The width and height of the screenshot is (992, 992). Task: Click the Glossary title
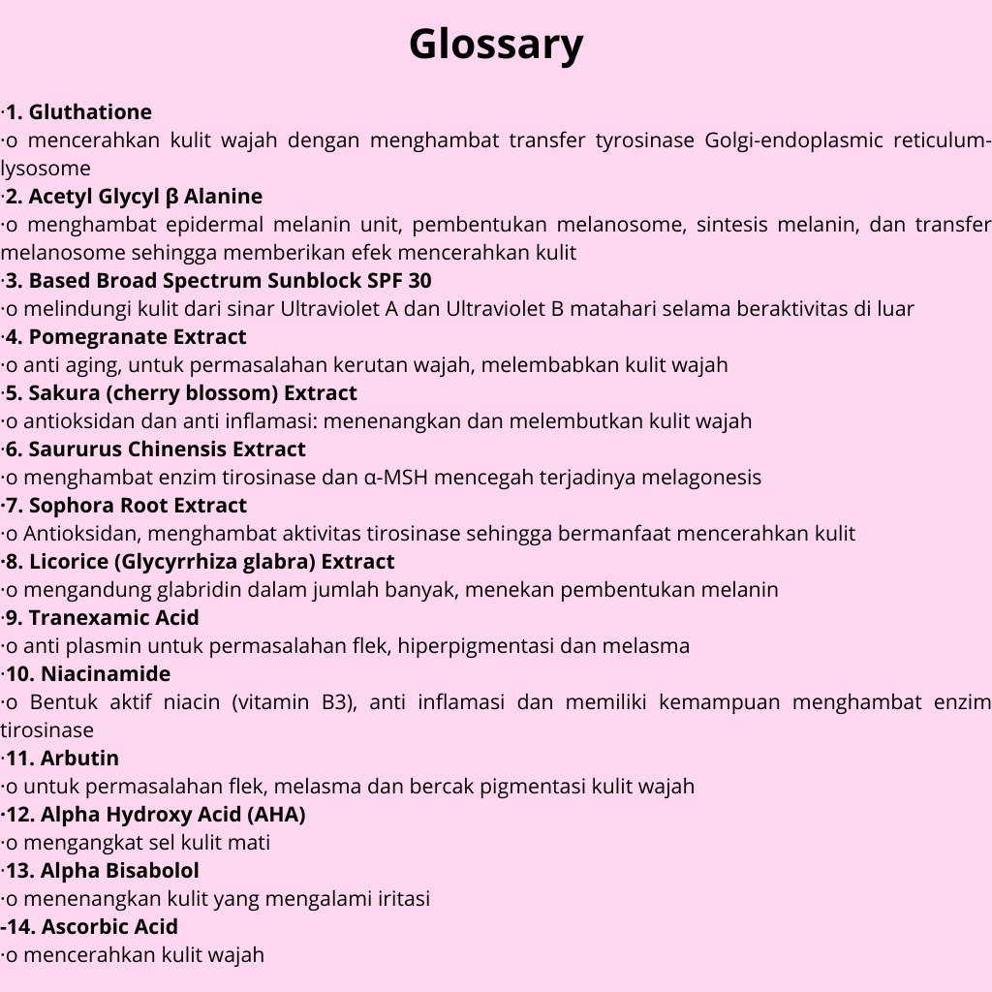(x=496, y=45)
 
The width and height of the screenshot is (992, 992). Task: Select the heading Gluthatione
(x=90, y=112)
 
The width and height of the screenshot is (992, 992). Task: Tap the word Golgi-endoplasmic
(x=782, y=140)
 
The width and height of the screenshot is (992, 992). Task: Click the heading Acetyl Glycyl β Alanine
(x=145, y=197)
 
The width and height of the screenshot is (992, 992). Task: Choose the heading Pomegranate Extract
(x=137, y=337)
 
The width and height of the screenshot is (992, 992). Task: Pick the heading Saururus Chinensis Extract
(x=167, y=449)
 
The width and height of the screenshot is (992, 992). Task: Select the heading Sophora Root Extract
(x=138, y=506)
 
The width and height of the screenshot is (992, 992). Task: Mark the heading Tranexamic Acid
(x=113, y=618)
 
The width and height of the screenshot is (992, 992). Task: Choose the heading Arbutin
(x=79, y=759)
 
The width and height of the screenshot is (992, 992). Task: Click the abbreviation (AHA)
(x=276, y=815)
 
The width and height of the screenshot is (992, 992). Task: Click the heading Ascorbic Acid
(x=109, y=927)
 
